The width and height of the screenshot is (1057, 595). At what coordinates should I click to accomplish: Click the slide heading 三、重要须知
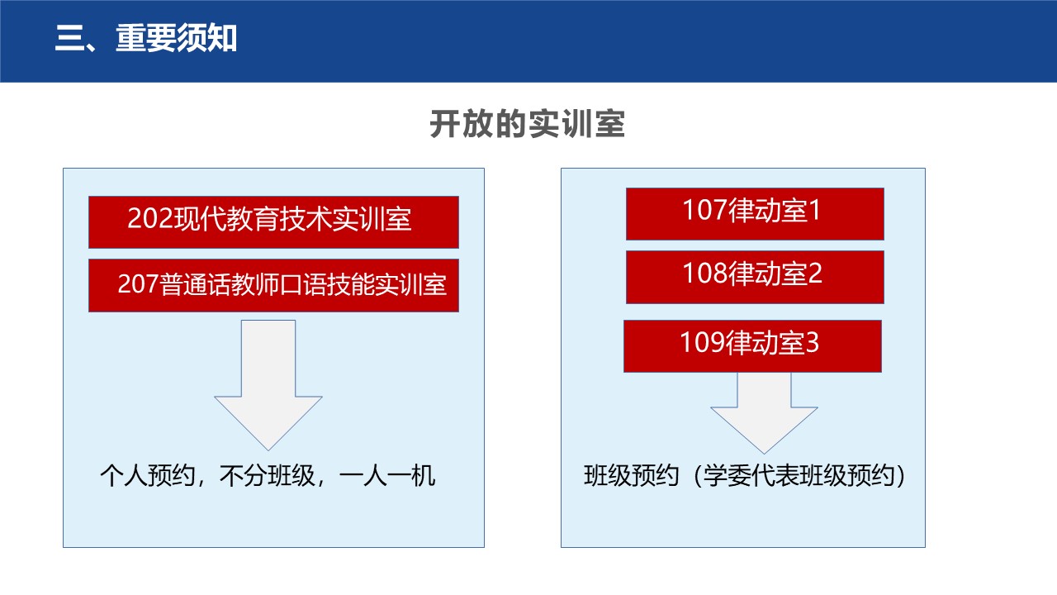146,38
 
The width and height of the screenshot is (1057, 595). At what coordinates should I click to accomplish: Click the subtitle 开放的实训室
528,124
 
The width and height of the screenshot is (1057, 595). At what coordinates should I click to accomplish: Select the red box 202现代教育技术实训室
273,222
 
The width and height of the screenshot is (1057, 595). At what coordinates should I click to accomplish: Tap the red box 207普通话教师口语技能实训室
273,285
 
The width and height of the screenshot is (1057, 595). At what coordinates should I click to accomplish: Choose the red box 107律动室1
755,214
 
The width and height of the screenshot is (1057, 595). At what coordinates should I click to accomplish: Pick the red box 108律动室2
755,277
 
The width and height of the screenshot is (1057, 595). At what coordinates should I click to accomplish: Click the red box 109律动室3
752,346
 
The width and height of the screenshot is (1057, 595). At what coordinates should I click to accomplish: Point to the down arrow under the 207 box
268,385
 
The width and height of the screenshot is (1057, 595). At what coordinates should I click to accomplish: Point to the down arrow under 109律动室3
764,413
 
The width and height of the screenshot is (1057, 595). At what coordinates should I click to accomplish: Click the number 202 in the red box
150,219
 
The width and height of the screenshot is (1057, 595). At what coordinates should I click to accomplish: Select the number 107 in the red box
705,210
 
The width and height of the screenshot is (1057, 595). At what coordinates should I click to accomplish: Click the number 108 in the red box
705,274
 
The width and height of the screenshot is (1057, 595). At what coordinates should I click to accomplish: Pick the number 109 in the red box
702,342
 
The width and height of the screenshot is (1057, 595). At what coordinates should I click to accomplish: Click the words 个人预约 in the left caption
148,475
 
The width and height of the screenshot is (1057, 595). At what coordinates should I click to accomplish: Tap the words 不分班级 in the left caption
268,475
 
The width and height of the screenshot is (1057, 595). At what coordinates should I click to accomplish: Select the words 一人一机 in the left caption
387,475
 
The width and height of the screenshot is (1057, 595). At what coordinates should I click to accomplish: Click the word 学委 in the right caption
728,475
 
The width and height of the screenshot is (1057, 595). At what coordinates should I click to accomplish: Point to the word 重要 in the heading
146,38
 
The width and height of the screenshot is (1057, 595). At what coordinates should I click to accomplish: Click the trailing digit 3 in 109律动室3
812,342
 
